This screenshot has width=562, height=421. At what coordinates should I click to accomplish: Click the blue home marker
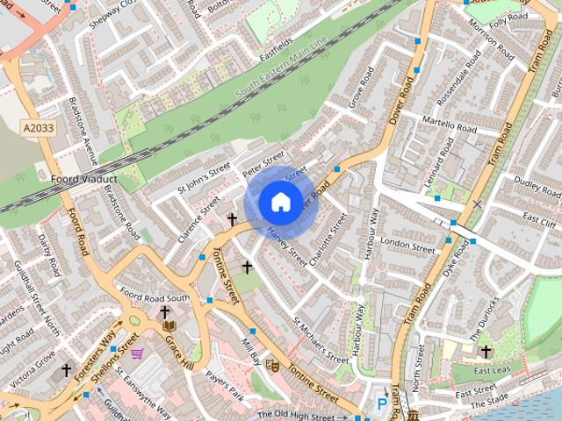point(279,202)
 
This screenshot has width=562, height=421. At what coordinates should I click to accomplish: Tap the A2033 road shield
point(38,128)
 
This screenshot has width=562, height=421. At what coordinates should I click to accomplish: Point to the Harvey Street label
point(286,248)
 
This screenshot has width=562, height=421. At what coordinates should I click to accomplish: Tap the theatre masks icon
point(272,364)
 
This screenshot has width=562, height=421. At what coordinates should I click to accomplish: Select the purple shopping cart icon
point(137,353)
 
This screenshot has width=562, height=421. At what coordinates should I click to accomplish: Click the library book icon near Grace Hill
point(169,326)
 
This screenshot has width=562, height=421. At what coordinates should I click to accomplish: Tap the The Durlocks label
point(484,314)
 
